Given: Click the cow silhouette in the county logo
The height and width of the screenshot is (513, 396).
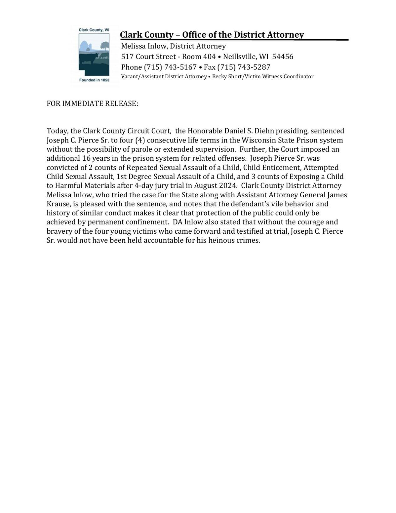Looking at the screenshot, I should click(x=89, y=58).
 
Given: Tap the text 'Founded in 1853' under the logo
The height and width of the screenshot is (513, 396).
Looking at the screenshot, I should click(x=94, y=80).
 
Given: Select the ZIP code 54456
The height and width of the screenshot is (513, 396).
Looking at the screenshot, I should click(x=283, y=57).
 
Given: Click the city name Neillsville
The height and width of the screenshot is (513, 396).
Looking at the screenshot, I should click(x=239, y=57).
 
